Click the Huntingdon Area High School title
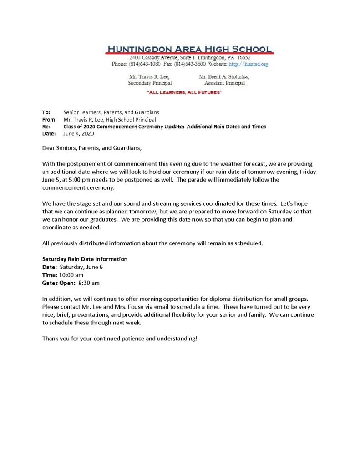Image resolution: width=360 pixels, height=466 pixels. [189, 49]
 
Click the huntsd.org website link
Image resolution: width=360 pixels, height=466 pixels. [248, 64]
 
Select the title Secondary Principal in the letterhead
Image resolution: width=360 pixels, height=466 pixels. [150, 83]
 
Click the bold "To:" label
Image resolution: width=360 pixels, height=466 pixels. [46, 112]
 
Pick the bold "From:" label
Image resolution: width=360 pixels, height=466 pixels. [49, 119]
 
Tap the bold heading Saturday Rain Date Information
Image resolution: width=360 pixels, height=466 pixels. [85, 259]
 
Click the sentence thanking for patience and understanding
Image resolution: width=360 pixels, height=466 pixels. [120, 339]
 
